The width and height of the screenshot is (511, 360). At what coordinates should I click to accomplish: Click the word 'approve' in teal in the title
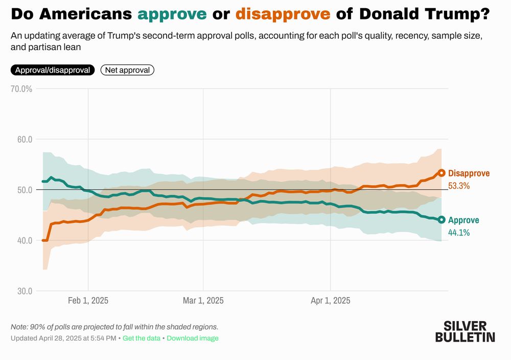(x=172, y=14)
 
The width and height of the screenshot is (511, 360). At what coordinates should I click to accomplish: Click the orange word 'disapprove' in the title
(x=283, y=14)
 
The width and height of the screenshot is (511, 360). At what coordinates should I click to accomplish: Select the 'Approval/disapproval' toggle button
(x=53, y=70)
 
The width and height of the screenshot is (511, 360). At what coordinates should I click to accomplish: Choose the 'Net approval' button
(x=127, y=70)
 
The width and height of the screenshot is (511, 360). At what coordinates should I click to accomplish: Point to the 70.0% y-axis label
(x=21, y=89)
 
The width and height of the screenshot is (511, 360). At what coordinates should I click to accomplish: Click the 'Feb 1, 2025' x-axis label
(x=88, y=301)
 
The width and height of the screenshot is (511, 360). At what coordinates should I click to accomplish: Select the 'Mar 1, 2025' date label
(x=203, y=301)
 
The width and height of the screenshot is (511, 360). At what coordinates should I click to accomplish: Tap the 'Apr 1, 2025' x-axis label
(x=331, y=301)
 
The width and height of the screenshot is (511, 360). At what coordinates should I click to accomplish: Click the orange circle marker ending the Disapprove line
(x=442, y=173)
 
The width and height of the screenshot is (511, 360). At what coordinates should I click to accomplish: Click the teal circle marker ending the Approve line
(x=442, y=219)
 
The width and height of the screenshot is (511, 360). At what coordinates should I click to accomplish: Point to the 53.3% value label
(x=459, y=186)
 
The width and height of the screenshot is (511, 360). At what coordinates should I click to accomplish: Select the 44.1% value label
(x=459, y=233)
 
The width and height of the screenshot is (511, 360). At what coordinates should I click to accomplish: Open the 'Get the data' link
(x=142, y=339)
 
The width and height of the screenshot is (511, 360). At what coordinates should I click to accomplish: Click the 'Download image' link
(x=193, y=339)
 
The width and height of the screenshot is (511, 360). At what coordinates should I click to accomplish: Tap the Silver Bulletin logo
(x=465, y=331)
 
